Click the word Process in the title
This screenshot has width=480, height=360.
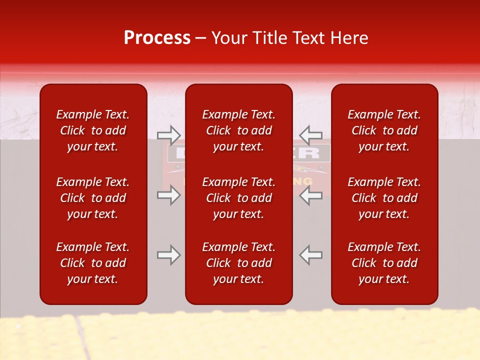click(x=157, y=38)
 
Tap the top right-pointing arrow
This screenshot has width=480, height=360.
click(x=168, y=135)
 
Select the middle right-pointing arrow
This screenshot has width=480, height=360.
click(x=168, y=195)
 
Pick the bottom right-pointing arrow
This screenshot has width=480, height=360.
click(x=168, y=255)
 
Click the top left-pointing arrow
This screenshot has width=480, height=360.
click(x=310, y=135)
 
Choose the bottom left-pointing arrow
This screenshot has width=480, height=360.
click(x=310, y=255)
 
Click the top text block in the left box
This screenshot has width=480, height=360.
click(x=93, y=130)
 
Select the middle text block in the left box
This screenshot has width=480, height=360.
click(x=93, y=198)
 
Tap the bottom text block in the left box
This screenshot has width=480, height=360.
click(x=93, y=263)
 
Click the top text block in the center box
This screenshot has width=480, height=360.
click(x=239, y=130)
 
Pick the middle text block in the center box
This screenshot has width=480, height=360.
click(x=239, y=198)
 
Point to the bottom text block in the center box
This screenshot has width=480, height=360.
click(x=239, y=263)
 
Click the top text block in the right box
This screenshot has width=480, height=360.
click(x=384, y=130)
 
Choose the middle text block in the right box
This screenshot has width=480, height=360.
click(x=384, y=198)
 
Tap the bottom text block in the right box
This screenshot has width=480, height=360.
click(x=384, y=263)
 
